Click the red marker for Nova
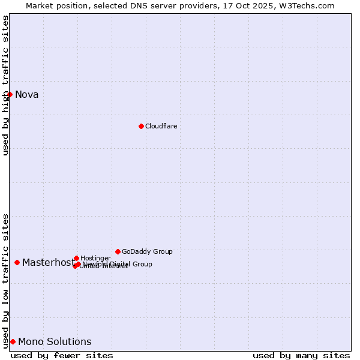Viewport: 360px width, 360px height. pyautogui.click(x=10, y=94)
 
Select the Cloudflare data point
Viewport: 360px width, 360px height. pyautogui.click(x=141, y=126)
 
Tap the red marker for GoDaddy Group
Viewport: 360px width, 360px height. pyautogui.click(x=118, y=251)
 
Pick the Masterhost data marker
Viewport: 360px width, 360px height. pyautogui.click(x=17, y=262)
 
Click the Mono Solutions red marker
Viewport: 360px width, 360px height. pyautogui.click(x=13, y=341)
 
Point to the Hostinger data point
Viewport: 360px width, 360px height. pyautogui.click(x=76, y=258)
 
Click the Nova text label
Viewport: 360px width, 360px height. pyautogui.click(x=26, y=94)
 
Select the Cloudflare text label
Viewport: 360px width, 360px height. pyautogui.click(x=161, y=126)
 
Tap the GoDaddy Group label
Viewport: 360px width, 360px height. pyautogui.click(x=147, y=251)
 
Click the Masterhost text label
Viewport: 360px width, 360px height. pyautogui.click(x=48, y=262)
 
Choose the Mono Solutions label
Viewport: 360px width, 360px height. pyautogui.click(x=55, y=341)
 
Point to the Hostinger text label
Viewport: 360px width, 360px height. pyautogui.click(x=95, y=258)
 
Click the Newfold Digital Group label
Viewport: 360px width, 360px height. pyautogui.click(x=117, y=264)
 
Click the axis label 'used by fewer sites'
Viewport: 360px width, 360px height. pyautogui.click(x=62, y=355)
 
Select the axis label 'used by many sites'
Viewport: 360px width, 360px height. pyautogui.click(x=301, y=355)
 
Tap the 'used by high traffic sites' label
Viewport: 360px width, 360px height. pyautogui.click(x=5, y=85)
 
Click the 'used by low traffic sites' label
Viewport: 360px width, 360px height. pyautogui.click(x=5, y=281)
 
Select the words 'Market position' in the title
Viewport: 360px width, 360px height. pyautogui.click(x=59, y=5)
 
